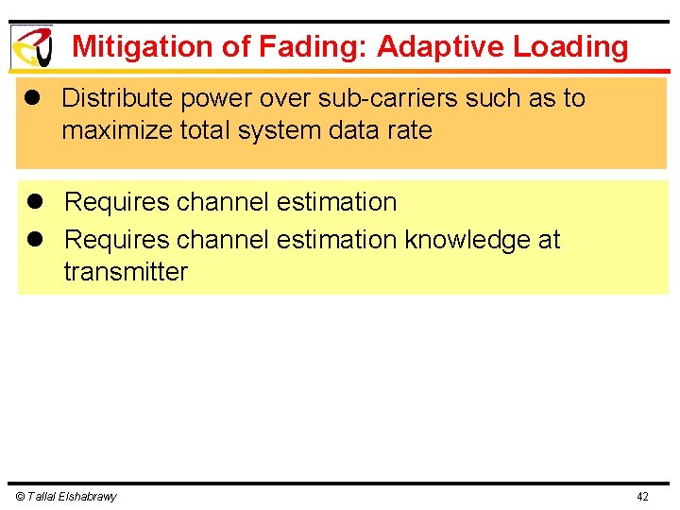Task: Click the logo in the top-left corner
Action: [31, 46]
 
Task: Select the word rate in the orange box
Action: [412, 130]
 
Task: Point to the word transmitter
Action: [126, 272]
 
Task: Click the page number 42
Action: [642, 497]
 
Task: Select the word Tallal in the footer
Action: [42, 497]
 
